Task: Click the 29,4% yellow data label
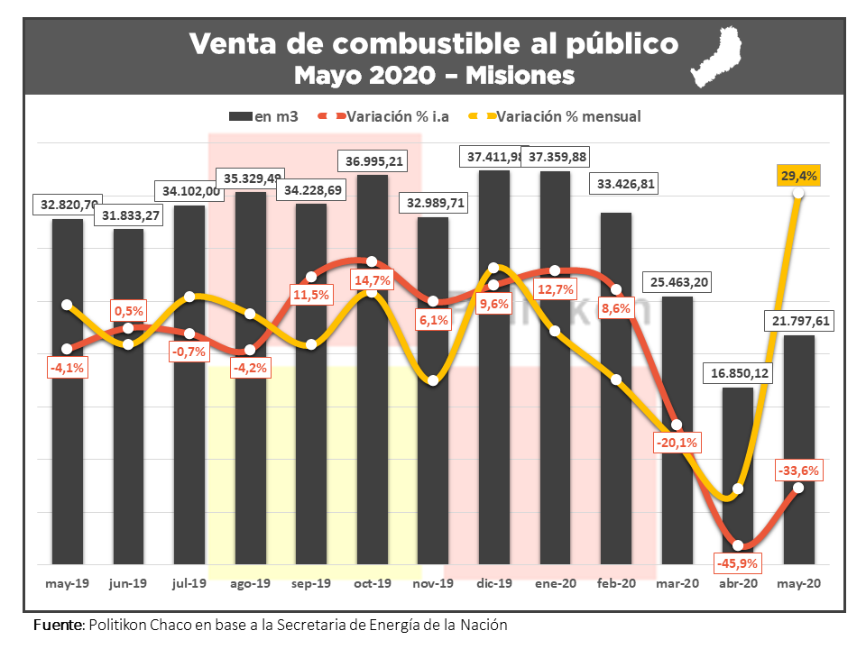pyautogui.click(x=799, y=177)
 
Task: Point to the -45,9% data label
pyautogui.click(x=738, y=563)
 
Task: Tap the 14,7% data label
pyautogui.click(x=372, y=280)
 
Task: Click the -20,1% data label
pyautogui.click(x=678, y=443)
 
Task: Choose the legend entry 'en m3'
pyautogui.click(x=265, y=116)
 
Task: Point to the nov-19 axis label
pyautogui.click(x=434, y=583)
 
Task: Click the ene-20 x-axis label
pyautogui.click(x=555, y=583)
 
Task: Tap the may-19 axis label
pyautogui.click(x=67, y=583)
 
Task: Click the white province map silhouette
pyautogui.click(x=722, y=59)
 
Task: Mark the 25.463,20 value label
pyautogui.click(x=678, y=283)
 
